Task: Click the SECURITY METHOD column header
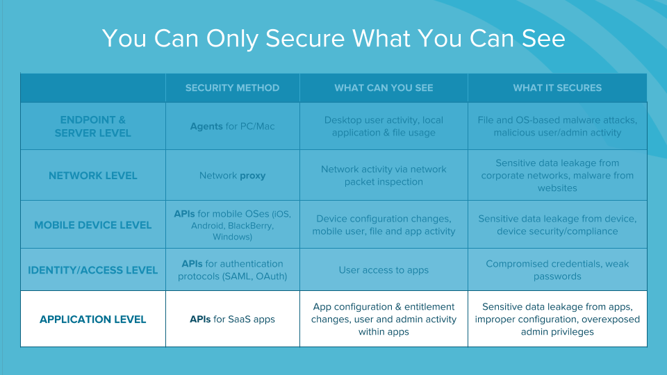(232, 88)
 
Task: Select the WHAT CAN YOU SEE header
(384, 88)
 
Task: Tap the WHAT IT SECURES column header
(557, 88)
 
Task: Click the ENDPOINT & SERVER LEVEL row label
(92, 126)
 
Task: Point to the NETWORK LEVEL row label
(92, 176)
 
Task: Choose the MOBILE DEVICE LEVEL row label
(92, 225)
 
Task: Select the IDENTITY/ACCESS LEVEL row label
(92, 270)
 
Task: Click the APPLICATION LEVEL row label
(92, 319)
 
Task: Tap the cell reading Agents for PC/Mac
(232, 126)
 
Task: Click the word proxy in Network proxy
(253, 176)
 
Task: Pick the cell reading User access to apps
(384, 270)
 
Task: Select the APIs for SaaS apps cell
(232, 319)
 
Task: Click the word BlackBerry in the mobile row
(249, 226)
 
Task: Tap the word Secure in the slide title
(305, 38)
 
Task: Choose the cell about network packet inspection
(384, 176)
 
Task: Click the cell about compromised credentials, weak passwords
(557, 270)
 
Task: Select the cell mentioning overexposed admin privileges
(557, 319)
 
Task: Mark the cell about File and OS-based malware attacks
(557, 126)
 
